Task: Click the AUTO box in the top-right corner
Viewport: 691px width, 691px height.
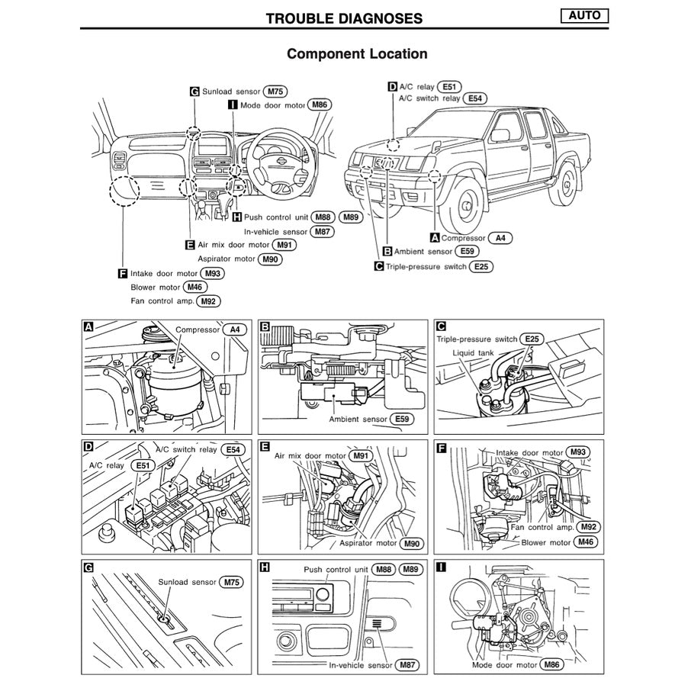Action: click(584, 16)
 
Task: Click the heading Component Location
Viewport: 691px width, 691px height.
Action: click(357, 54)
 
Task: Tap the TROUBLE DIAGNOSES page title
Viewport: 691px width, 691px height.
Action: click(344, 18)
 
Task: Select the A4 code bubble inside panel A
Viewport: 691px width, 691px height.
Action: click(235, 330)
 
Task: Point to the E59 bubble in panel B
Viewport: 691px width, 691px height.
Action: click(402, 419)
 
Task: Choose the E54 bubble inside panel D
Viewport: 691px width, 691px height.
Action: click(235, 450)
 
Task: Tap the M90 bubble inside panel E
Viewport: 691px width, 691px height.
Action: click(412, 544)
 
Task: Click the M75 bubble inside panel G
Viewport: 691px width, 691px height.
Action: click(231, 582)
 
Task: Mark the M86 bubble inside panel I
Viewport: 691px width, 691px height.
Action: click(554, 665)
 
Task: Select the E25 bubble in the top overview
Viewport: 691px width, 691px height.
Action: click(481, 266)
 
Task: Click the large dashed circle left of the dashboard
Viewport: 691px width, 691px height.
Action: click(124, 190)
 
